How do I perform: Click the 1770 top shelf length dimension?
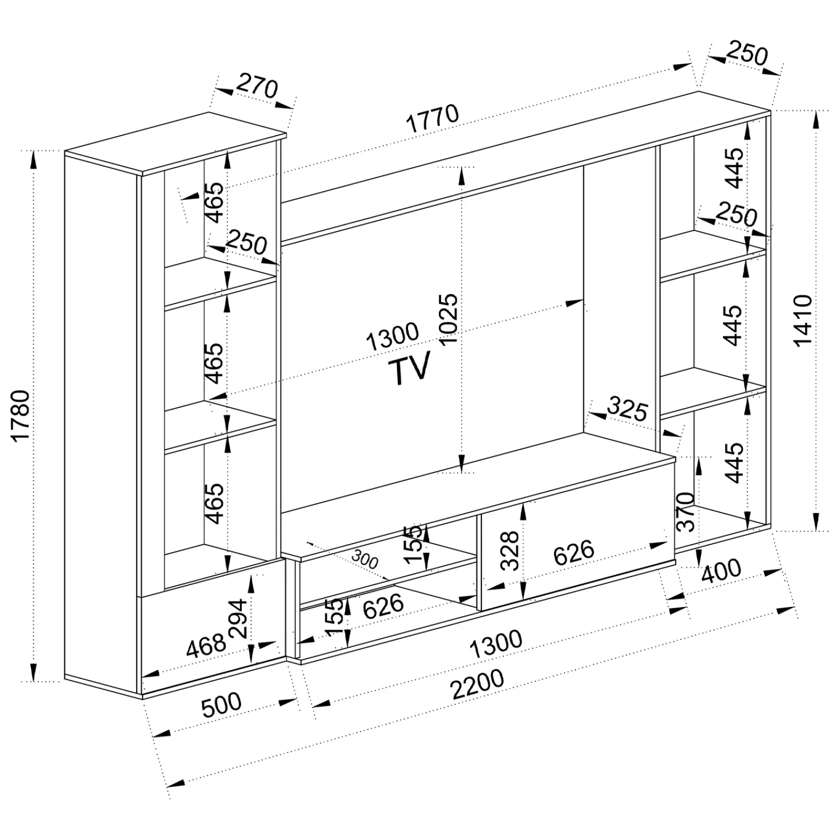433,119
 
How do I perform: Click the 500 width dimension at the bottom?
221,705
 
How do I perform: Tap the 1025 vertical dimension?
448,320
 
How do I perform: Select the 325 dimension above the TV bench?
628,410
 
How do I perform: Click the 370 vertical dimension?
686,511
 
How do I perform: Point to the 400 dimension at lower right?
721,572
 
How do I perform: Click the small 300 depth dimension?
365,560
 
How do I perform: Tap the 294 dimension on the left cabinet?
238,618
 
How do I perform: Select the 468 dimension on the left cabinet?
206,646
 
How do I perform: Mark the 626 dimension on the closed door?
574,552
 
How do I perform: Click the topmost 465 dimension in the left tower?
214,202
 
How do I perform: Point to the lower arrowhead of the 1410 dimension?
816,522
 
